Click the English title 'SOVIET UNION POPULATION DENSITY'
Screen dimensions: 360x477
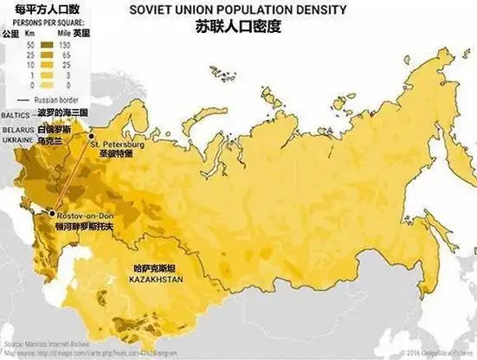click(237, 10)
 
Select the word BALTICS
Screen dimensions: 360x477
click(16, 112)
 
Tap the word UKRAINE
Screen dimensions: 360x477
click(16, 139)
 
